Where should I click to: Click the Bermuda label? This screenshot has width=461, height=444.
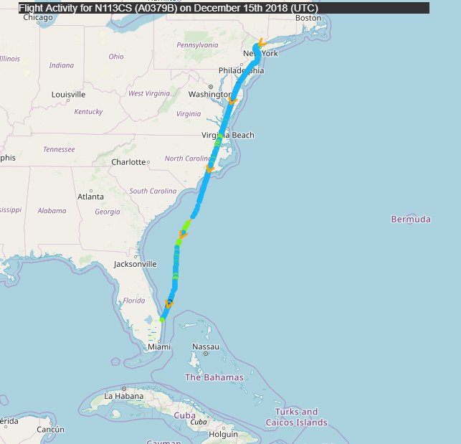[x=411, y=219]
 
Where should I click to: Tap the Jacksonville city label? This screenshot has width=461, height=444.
[x=135, y=264]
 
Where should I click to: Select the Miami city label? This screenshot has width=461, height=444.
[x=159, y=347]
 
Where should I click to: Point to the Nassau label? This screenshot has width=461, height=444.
[x=205, y=347]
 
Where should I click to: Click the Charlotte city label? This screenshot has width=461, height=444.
[x=128, y=162]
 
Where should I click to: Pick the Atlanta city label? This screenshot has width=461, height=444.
[x=90, y=197]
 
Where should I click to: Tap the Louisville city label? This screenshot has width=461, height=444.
[x=68, y=95]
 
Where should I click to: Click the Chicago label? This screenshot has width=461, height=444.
[x=38, y=18]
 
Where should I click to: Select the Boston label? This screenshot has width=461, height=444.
[x=308, y=18]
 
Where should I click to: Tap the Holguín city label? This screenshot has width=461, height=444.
[x=223, y=434]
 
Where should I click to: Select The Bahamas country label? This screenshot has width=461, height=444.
[x=214, y=377]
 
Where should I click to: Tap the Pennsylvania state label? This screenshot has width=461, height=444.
[x=197, y=44]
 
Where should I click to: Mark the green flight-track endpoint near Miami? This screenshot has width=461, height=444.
[x=163, y=319]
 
